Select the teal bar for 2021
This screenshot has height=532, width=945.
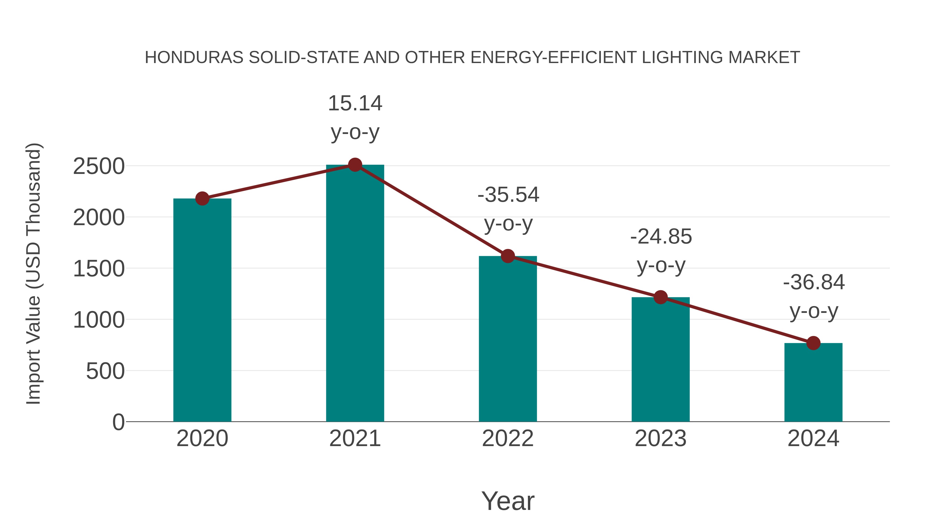pos(355,294)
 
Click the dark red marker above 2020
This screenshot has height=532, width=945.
pos(202,199)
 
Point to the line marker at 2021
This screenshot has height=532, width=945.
pos(355,165)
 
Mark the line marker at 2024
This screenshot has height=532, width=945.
pos(813,343)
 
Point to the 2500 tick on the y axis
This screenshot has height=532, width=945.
pos(99,167)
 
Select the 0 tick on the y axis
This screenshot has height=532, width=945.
pos(118,422)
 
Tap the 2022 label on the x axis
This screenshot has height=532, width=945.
pos(508,439)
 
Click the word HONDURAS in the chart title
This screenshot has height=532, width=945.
pos(194,58)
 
